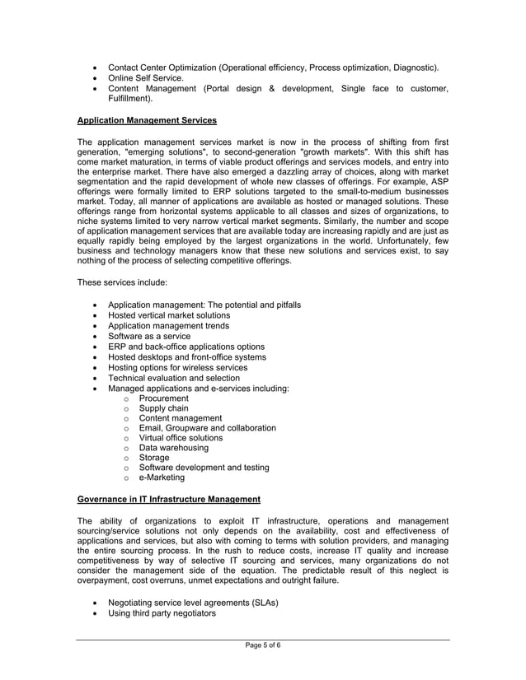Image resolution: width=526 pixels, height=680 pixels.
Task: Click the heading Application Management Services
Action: click(x=147, y=120)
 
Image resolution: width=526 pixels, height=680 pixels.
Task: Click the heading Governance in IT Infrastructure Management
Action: click(x=168, y=499)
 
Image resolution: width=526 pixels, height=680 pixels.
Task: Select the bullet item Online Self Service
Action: click(x=146, y=78)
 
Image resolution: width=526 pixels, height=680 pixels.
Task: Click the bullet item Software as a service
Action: click(x=149, y=336)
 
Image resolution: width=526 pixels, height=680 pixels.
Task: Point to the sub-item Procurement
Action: click(x=163, y=398)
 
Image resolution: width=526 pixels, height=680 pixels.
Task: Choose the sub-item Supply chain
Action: click(x=163, y=408)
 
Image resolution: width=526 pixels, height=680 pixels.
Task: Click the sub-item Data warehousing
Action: click(x=173, y=448)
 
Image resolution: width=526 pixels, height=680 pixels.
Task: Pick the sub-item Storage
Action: click(x=154, y=458)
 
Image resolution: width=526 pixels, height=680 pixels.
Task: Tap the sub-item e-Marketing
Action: click(x=162, y=477)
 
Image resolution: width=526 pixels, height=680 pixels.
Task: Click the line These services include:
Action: click(x=122, y=282)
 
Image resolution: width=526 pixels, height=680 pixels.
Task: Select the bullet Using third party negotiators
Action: click(x=162, y=613)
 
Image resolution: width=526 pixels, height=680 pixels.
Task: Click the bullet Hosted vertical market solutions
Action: click(x=169, y=315)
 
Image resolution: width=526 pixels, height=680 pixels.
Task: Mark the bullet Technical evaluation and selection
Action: click(x=174, y=378)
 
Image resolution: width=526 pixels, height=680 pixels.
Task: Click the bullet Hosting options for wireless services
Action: click(x=177, y=368)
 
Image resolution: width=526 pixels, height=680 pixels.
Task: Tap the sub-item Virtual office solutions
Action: click(x=181, y=438)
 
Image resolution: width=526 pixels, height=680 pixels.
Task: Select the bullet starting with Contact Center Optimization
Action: click(x=273, y=68)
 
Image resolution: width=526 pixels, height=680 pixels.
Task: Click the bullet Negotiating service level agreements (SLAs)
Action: click(x=193, y=603)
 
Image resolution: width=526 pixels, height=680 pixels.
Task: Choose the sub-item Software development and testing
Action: click(x=204, y=468)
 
